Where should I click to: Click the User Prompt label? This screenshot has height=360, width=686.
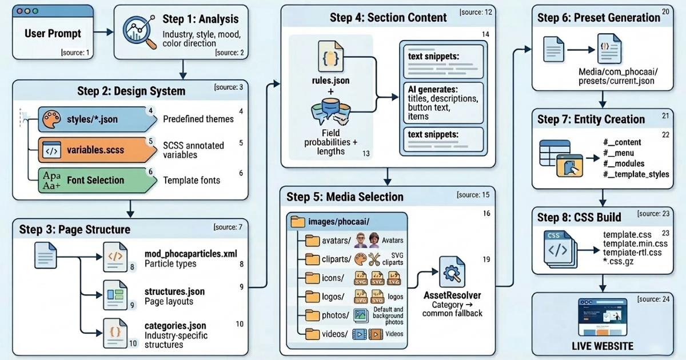pos(53,34)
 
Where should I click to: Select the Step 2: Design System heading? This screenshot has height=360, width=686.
pos(131,91)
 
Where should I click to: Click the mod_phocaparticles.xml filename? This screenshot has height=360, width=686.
pos(190,254)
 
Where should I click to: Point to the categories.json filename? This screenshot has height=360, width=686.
pos(175,326)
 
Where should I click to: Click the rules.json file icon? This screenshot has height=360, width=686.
pos(330,55)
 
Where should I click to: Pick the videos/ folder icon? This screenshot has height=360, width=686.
pos(312,334)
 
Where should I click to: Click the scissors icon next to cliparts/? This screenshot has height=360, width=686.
pos(374,259)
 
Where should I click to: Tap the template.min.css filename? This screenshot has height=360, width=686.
pos(635,243)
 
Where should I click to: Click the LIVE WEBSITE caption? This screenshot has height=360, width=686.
pos(603,346)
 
